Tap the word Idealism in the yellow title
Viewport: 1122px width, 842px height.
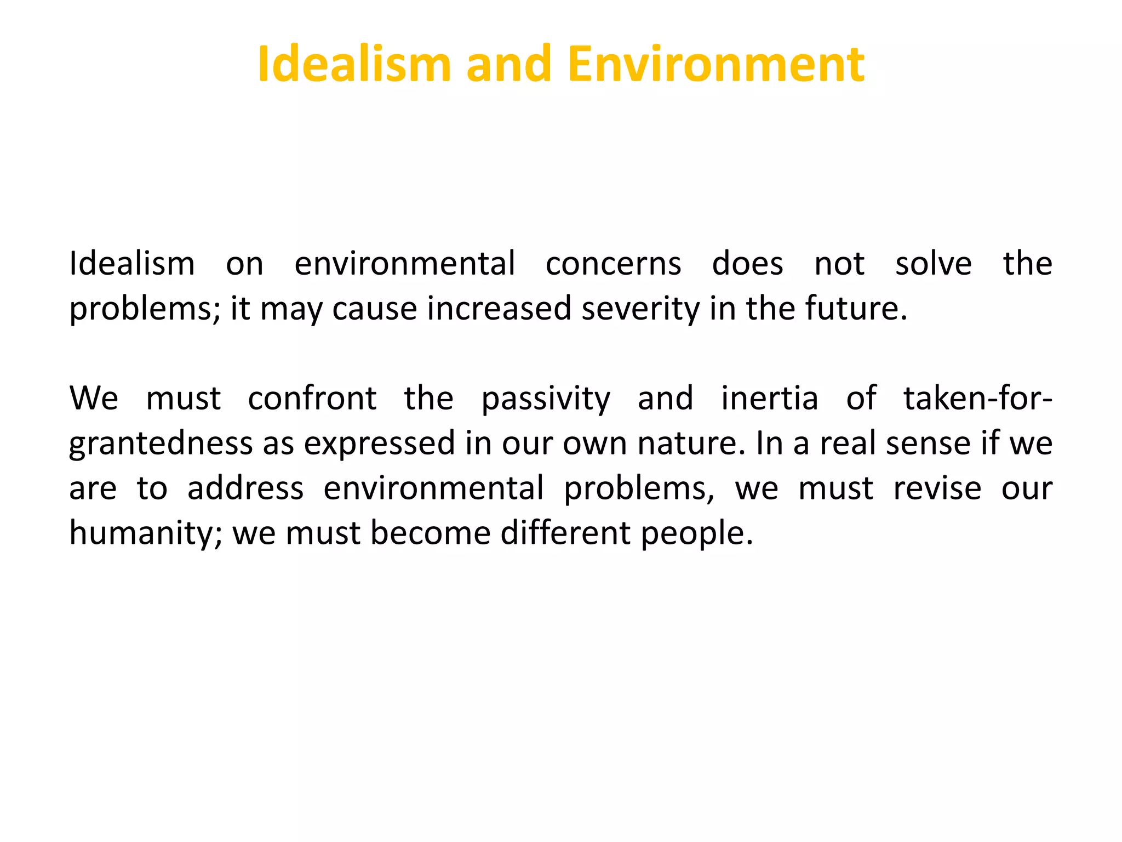pyautogui.click(x=354, y=65)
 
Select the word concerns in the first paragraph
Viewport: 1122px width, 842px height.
pyautogui.click(x=614, y=264)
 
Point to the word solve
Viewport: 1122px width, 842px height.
pyautogui.click(x=934, y=264)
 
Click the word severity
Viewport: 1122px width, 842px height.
pyautogui.click(x=640, y=309)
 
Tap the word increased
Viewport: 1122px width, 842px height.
pyautogui.click(x=499, y=309)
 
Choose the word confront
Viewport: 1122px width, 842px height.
pyautogui.click(x=312, y=399)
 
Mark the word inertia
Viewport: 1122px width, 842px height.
pyautogui.click(x=770, y=399)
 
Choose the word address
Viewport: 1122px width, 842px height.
pyautogui.click(x=245, y=488)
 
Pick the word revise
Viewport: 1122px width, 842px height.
pyautogui.click(x=937, y=488)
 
